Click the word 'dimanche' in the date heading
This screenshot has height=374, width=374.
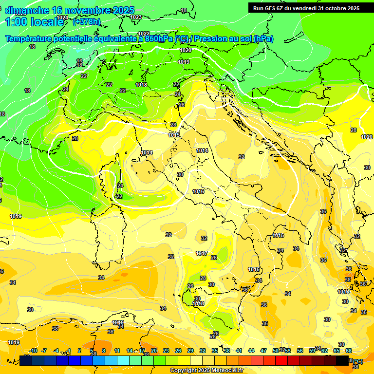point(27,10)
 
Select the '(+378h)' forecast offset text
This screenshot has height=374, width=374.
point(87,21)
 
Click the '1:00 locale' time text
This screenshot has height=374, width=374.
point(34,22)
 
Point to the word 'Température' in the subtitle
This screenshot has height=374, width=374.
point(32,39)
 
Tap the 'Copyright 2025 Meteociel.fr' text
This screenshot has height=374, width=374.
point(206,370)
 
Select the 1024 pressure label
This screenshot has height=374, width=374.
point(62,18)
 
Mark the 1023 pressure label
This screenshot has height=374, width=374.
point(136,17)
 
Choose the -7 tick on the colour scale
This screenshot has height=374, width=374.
point(44,351)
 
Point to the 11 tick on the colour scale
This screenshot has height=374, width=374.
point(117,351)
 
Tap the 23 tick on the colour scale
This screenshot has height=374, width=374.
point(166,351)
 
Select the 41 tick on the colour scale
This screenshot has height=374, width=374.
point(239,351)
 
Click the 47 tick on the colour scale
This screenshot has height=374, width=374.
point(263,351)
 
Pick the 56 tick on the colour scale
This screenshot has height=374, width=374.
point(300,351)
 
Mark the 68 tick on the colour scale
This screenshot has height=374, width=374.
point(349,351)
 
